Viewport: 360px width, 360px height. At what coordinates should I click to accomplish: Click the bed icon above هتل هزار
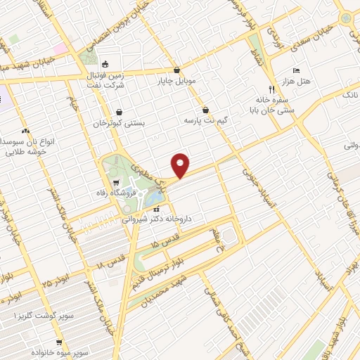296,71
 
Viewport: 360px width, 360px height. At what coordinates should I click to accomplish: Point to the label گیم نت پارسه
202,121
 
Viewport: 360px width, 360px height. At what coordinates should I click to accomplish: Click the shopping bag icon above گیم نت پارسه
205,110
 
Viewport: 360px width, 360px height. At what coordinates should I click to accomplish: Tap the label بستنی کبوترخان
119,123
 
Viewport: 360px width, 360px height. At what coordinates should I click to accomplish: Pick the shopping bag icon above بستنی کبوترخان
119,112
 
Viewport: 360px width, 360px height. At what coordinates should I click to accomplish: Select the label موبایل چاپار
176,82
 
